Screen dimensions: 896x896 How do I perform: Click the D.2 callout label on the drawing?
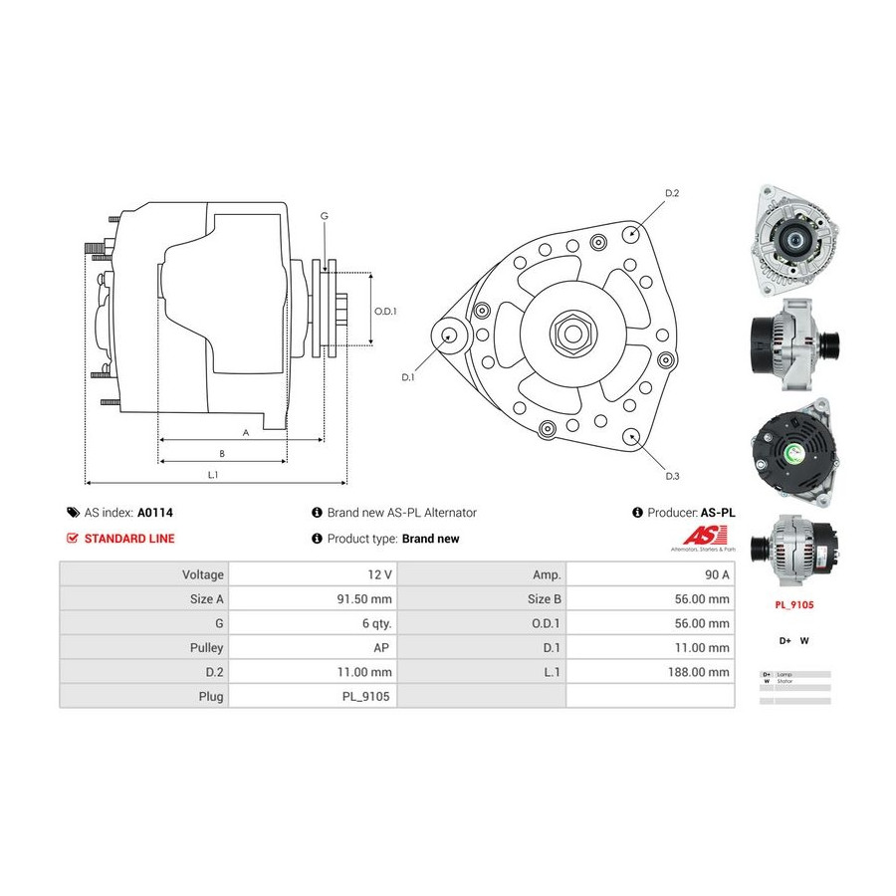[x=671, y=192]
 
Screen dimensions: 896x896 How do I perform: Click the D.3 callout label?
[x=672, y=476]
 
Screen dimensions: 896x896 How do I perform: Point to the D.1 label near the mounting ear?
[x=407, y=377]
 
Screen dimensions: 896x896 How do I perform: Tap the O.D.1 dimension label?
[x=385, y=311]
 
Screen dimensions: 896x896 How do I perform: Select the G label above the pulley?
[x=324, y=216]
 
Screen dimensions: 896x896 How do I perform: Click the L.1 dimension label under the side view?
[x=212, y=475]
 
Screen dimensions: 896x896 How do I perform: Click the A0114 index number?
[x=155, y=513]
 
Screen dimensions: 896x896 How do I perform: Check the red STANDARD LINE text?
[x=128, y=539]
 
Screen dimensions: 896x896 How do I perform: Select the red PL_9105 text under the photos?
[x=793, y=603]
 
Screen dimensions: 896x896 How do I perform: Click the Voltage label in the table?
[x=202, y=574]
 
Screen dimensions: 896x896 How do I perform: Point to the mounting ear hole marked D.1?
[x=449, y=335]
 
